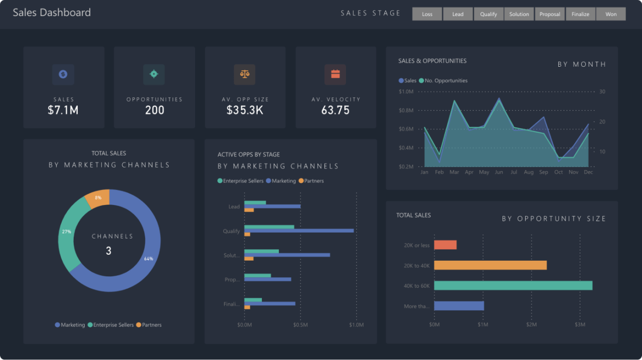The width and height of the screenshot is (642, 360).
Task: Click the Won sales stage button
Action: [x=611, y=14]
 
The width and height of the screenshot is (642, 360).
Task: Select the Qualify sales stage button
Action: [x=489, y=14]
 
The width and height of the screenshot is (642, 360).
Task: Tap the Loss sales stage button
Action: [x=427, y=14]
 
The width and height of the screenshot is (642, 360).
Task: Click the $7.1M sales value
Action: [x=63, y=110]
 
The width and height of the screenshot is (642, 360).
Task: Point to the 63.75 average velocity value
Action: [x=336, y=110]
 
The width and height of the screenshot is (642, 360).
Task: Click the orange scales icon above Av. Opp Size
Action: [x=245, y=74]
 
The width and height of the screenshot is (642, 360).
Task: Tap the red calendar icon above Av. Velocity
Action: [x=336, y=74]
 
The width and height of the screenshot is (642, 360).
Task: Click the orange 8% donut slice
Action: [x=98, y=198]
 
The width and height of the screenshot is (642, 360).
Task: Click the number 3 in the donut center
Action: [x=108, y=251]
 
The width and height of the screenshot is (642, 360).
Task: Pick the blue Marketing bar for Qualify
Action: [x=299, y=231]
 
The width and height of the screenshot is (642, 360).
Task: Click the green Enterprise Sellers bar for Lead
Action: [x=255, y=203]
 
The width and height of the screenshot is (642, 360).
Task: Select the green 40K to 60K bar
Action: [x=513, y=285]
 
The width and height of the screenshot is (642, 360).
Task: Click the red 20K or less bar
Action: [x=445, y=245]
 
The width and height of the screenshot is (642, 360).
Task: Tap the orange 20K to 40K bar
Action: [x=490, y=265]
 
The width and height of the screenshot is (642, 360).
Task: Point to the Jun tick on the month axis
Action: [x=499, y=172]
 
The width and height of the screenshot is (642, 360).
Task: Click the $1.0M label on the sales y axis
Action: [x=406, y=92]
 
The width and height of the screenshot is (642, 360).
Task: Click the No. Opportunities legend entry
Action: [x=446, y=81]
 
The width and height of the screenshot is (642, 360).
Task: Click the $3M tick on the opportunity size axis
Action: [x=579, y=325]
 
